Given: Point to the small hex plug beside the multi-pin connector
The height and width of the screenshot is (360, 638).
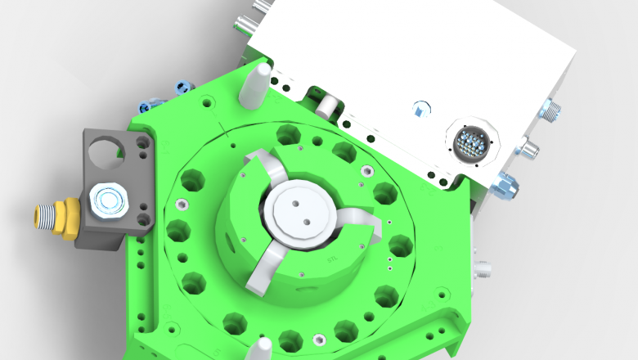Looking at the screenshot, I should [420, 109].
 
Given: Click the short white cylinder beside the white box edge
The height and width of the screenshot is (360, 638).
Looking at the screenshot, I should [328, 105].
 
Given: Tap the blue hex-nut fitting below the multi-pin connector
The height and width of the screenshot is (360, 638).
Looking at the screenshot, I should [505, 186].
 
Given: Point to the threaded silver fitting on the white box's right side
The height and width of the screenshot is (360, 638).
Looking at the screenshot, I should [552, 109].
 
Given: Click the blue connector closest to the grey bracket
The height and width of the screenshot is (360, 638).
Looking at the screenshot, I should [150, 105].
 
